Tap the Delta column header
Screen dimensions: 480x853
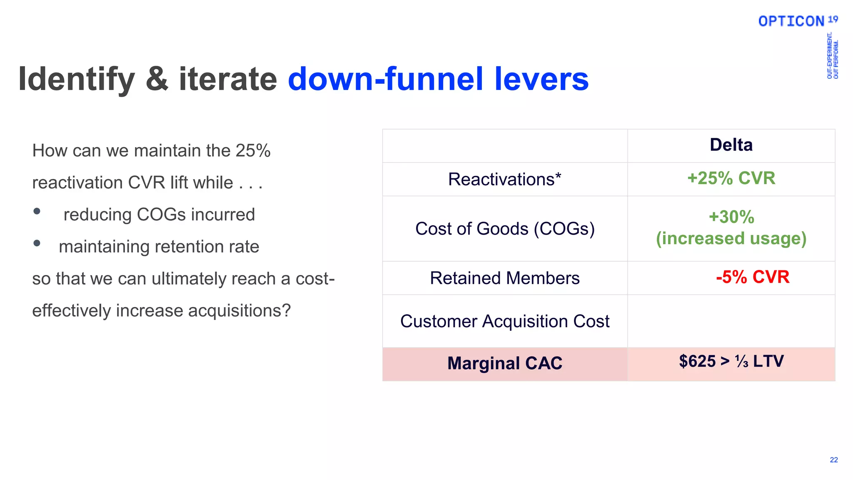point(731,145)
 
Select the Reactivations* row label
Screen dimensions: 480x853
point(504,180)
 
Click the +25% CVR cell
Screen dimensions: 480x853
point(731,178)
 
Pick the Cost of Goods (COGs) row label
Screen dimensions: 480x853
point(504,229)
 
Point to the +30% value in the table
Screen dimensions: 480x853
point(731,217)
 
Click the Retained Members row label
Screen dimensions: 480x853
point(504,278)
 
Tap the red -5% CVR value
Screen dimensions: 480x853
point(752,277)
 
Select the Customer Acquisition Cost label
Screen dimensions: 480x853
point(504,321)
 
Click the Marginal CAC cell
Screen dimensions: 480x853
point(504,363)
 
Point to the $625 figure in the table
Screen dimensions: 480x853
point(697,361)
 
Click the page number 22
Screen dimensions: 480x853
point(833,460)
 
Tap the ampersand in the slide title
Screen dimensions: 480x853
point(157,79)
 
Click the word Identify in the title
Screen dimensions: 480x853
point(77,79)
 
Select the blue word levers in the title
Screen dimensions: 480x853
point(541,79)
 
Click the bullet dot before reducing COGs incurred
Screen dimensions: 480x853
point(37,211)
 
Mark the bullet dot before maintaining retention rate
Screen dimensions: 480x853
point(37,243)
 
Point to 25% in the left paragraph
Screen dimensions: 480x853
point(253,151)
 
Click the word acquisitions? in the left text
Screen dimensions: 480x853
point(239,311)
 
